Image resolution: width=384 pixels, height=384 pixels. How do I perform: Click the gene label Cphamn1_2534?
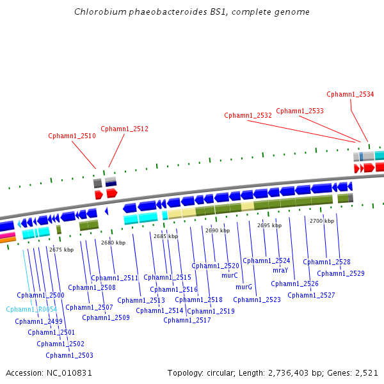(x=350, y=94)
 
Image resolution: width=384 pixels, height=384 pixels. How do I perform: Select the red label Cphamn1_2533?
(x=300, y=111)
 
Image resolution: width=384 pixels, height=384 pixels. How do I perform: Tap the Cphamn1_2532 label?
(x=248, y=115)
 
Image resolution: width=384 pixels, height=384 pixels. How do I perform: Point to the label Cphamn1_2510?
(x=72, y=136)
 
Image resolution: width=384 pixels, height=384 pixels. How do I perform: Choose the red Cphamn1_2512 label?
(x=124, y=129)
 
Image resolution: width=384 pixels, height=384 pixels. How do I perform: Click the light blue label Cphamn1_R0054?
(x=31, y=309)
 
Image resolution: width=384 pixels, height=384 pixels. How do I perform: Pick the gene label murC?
(x=230, y=275)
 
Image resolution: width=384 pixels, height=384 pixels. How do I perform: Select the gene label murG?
(x=244, y=287)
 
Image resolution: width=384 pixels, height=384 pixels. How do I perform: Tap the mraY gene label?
(x=280, y=270)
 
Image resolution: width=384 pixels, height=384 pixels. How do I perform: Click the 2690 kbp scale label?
(x=217, y=230)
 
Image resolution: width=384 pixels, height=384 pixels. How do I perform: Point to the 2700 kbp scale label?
(x=321, y=221)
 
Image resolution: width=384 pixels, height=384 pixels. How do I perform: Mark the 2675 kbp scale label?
(x=61, y=250)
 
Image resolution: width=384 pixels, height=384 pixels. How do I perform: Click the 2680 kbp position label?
(x=113, y=243)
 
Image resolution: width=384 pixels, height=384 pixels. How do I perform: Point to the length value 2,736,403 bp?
(x=291, y=372)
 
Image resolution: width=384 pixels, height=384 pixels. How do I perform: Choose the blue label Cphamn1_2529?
(x=340, y=273)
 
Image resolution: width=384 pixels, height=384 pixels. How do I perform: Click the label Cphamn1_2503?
(x=69, y=355)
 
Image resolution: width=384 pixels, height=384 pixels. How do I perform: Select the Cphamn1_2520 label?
(x=215, y=266)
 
